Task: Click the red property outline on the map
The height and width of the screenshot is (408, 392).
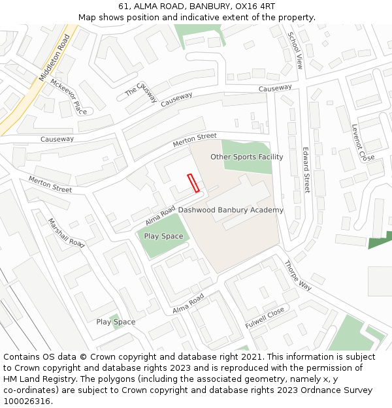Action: (x=193, y=183)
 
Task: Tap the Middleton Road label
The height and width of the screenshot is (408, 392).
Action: (x=54, y=57)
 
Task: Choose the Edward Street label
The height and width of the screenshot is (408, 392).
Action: (x=305, y=169)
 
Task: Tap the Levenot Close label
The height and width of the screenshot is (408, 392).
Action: (x=363, y=143)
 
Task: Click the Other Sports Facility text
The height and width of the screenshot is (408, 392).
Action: (x=246, y=157)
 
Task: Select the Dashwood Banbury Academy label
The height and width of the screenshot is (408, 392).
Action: (x=231, y=210)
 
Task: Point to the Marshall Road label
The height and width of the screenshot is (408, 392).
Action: (x=67, y=233)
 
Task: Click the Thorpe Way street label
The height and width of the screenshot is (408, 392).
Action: (x=297, y=275)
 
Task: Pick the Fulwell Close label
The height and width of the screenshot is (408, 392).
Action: (x=265, y=317)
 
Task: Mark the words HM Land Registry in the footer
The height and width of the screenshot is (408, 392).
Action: (x=34, y=379)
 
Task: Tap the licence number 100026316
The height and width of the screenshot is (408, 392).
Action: (x=27, y=401)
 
